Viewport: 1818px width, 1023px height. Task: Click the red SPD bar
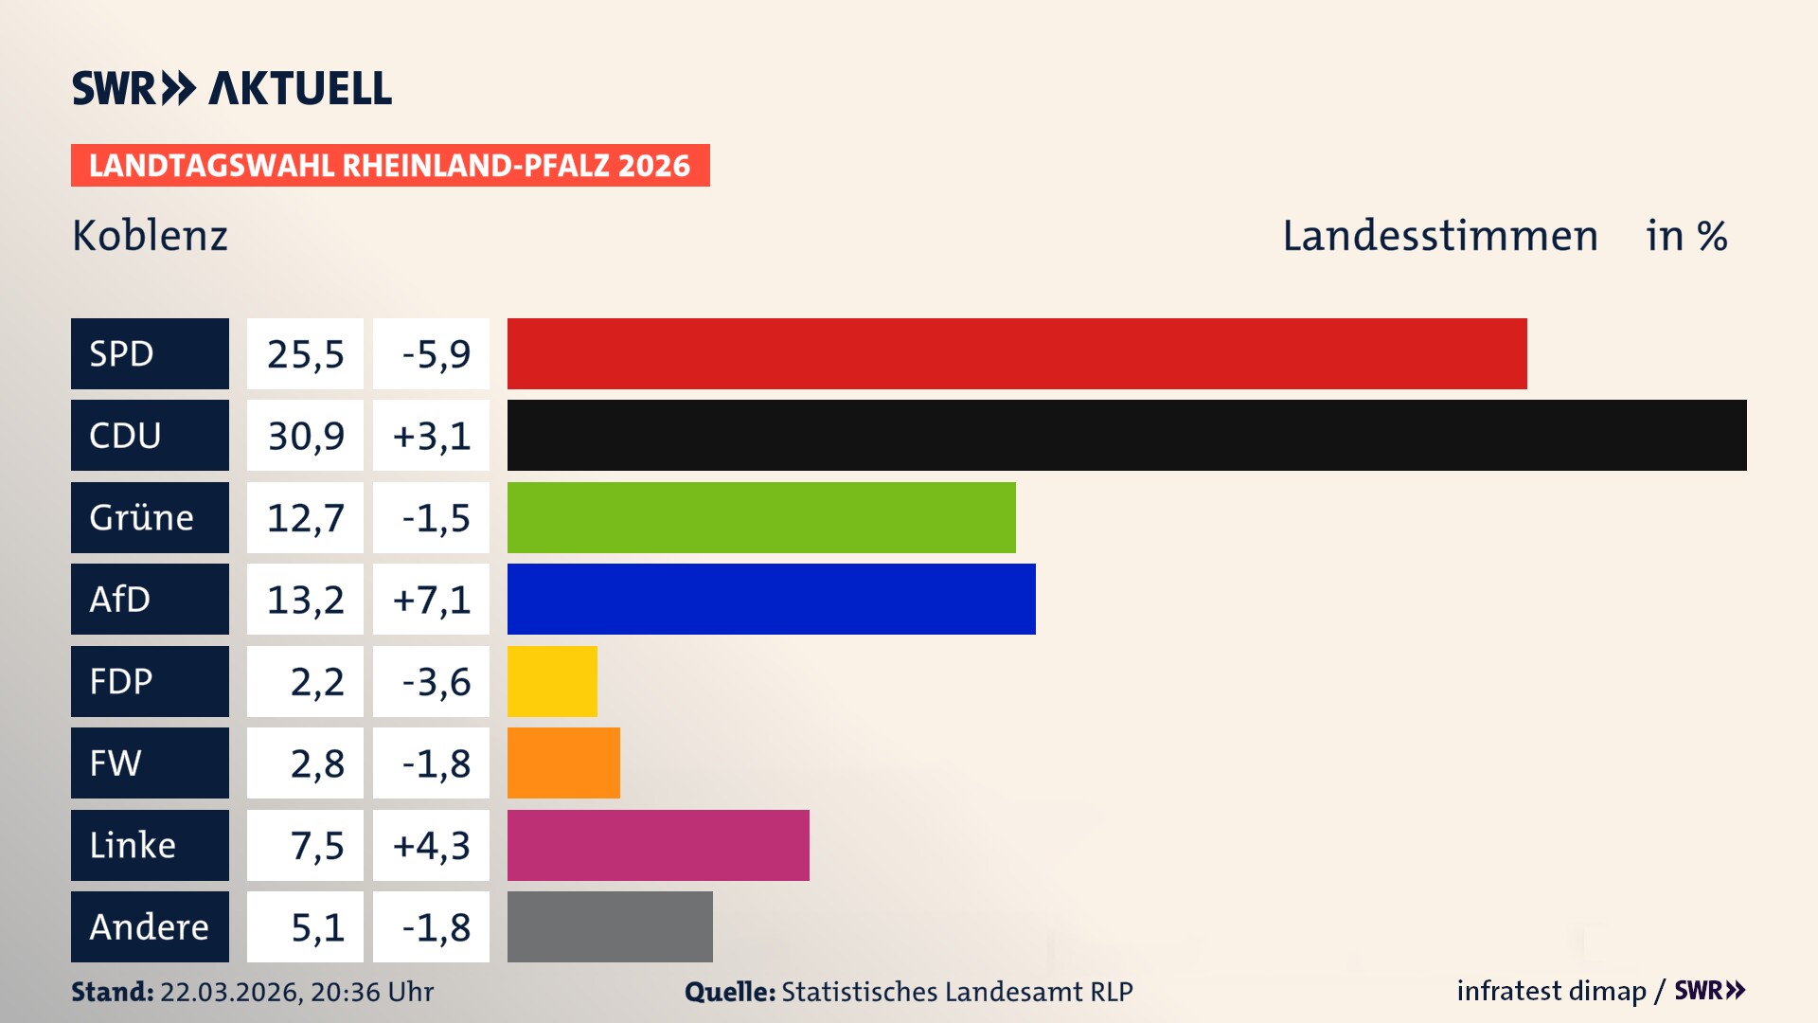pos(1017,353)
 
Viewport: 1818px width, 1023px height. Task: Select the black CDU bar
pos(1127,436)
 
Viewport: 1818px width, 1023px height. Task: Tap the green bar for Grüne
pos(761,517)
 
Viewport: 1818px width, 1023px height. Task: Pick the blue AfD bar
pos(771,599)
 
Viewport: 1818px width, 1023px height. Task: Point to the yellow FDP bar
pos(552,681)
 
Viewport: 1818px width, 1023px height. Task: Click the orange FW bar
pos(563,763)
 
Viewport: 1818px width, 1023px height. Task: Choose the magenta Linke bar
pos(658,845)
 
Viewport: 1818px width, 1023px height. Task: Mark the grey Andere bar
pos(610,926)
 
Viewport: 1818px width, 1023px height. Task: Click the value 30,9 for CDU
pos(305,436)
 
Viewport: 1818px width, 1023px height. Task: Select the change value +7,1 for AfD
pos(431,599)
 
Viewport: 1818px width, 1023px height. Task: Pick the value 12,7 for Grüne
pos(305,517)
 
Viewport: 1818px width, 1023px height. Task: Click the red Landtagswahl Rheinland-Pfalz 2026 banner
pos(390,165)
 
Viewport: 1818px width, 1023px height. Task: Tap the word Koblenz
pos(150,236)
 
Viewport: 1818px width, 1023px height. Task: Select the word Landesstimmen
pos(1439,236)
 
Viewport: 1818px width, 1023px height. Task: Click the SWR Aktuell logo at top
pos(231,88)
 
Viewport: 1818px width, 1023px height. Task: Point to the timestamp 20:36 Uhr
pos(371,992)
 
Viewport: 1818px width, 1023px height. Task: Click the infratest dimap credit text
pos(1551,991)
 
